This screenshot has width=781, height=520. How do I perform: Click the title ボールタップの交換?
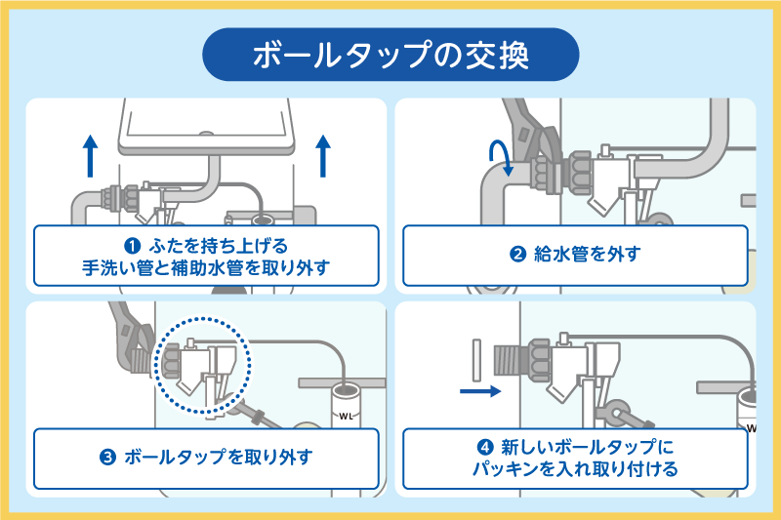[390, 55]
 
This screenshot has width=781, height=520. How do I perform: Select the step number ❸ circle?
[108, 456]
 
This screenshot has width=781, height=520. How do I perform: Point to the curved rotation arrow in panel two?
[501, 156]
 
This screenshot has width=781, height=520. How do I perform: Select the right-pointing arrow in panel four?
[479, 391]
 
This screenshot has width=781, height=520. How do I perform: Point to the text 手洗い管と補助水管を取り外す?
[207, 265]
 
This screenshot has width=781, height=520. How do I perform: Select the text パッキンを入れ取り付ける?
[575, 469]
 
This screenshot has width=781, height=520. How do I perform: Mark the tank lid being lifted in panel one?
[205, 127]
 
